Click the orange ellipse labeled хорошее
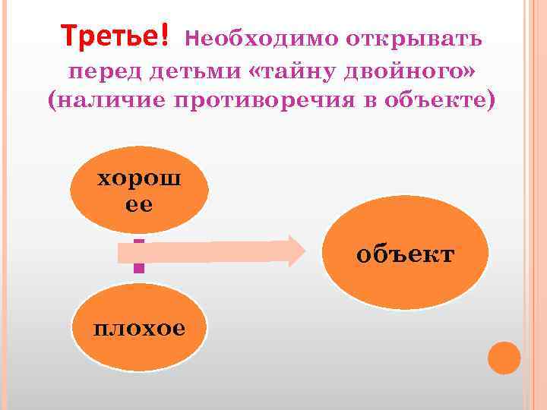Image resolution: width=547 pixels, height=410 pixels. coord(139,189)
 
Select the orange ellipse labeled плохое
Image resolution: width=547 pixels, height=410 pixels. coord(139,327)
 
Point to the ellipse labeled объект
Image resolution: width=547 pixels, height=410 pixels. coord(404,252)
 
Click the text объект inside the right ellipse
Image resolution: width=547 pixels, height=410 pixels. coord(405,254)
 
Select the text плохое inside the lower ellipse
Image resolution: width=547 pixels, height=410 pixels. coord(139,329)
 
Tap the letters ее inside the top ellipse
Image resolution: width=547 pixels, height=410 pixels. coord(139,204)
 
